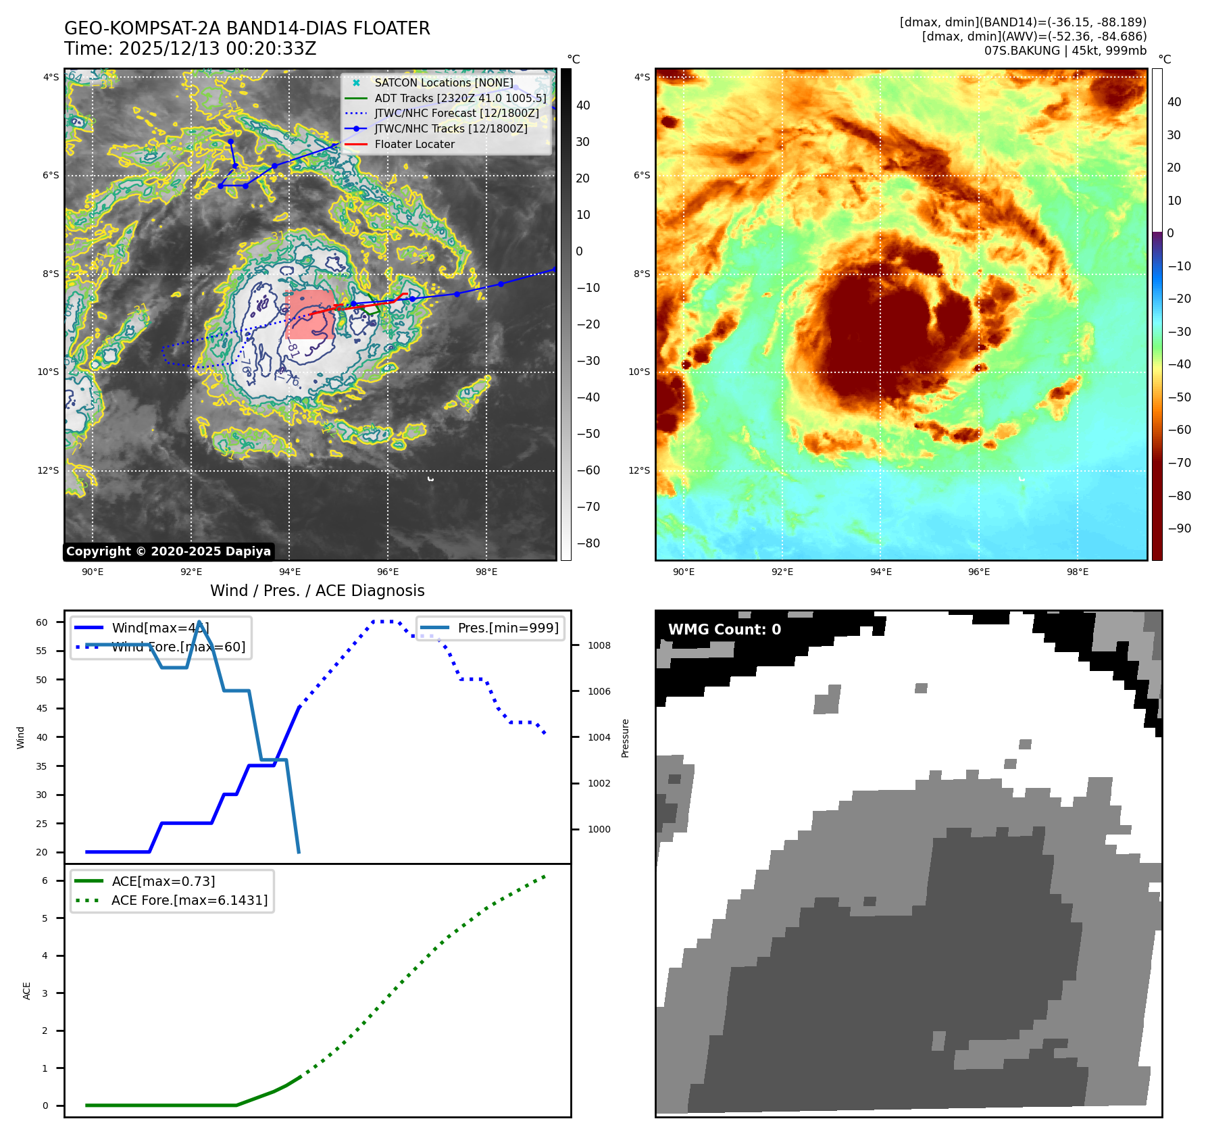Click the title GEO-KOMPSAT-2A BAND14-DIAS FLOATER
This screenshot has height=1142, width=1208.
click(247, 28)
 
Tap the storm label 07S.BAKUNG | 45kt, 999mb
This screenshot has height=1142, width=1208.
click(1065, 51)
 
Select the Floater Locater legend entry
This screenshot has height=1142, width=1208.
click(414, 144)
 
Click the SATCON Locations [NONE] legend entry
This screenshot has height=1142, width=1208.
click(443, 82)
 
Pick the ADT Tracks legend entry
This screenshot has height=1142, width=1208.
click(460, 98)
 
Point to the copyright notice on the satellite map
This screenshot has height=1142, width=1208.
click(168, 551)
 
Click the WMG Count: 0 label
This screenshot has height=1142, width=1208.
click(724, 630)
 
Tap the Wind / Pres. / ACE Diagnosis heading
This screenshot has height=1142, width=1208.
click(317, 591)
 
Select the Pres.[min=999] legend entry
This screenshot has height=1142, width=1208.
click(507, 628)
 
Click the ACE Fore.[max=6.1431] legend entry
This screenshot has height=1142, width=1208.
click(189, 900)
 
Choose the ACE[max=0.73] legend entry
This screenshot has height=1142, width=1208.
click(163, 881)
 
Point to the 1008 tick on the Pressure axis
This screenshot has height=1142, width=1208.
click(599, 645)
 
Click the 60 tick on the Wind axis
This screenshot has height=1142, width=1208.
click(42, 622)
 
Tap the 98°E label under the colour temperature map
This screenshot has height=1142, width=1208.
click(1077, 572)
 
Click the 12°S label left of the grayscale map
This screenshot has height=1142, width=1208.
click(48, 470)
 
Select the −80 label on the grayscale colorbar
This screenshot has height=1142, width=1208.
click(588, 543)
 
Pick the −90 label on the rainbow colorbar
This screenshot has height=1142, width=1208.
click(1179, 528)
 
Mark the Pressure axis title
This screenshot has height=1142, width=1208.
click(625, 738)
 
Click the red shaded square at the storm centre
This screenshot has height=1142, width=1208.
click(309, 314)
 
